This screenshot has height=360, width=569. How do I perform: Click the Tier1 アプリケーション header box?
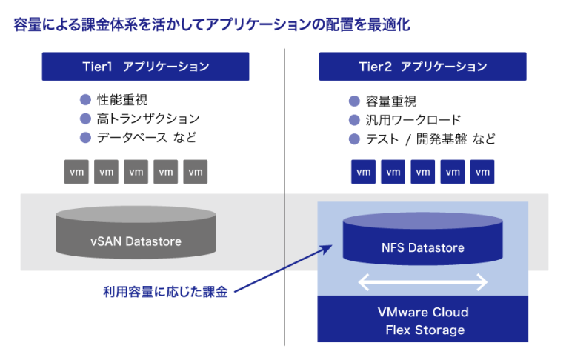[x=145, y=67]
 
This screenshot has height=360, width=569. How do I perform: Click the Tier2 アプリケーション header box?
[x=422, y=67]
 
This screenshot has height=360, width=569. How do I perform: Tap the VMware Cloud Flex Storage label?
[x=423, y=321]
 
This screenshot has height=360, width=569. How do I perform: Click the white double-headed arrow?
[x=423, y=282]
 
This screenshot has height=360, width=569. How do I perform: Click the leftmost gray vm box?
[x=77, y=172]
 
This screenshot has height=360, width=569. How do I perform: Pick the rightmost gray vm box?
[x=196, y=172]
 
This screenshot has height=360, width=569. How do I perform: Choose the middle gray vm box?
[x=136, y=172]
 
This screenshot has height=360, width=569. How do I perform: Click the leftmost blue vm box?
[x=363, y=172]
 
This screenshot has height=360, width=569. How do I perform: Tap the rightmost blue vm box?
[x=482, y=172]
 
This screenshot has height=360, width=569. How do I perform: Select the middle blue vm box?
[x=422, y=172]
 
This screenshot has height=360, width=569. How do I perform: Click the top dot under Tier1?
[x=85, y=100]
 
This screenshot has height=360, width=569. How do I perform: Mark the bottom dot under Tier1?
[x=85, y=137]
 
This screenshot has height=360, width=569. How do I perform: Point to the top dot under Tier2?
[x=354, y=101]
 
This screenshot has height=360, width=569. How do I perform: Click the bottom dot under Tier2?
[x=354, y=139]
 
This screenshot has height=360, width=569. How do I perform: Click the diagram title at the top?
[x=211, y=25]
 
